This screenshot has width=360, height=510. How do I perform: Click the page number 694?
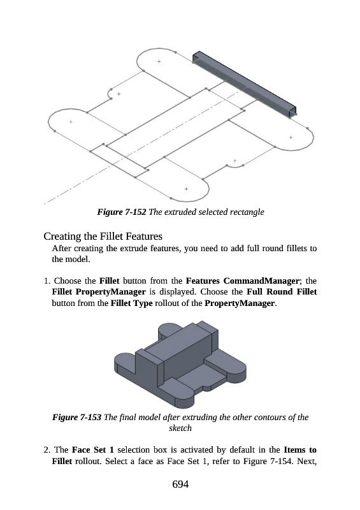[x=180, y=484]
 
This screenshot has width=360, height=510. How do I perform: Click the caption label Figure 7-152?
[x=122, y=212]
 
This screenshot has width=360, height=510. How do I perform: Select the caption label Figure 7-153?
[x=77, y=417]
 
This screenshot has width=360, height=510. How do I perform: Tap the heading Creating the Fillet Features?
[x=103, y=236]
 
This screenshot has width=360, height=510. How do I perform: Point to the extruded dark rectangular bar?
[x=245, y=84]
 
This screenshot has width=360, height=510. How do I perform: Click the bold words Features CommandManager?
[x=242, y=280]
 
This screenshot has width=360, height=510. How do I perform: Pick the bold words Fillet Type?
[x=131, y=303]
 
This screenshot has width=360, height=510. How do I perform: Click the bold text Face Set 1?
[x=92, y=450]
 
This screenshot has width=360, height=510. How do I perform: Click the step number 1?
[x=47, y=280]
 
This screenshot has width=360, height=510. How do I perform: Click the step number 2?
[x=47, y=450]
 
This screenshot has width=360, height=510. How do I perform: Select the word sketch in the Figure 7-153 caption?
[x=180, y=428]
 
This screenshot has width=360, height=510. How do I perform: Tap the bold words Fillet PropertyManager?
[x=99, y=292]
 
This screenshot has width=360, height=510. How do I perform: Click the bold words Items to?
[x=300, y=450]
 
